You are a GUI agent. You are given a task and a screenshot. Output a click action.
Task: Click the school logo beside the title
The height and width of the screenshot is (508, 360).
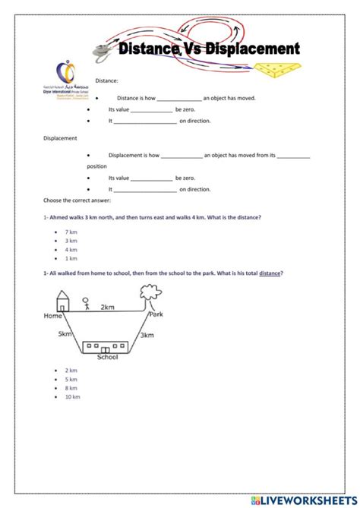click(x=68, y=77)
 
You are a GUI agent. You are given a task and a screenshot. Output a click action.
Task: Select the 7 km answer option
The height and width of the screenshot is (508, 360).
click(x=71, y=231)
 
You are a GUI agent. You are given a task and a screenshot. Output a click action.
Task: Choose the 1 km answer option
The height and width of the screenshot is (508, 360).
click(x=71, y=258)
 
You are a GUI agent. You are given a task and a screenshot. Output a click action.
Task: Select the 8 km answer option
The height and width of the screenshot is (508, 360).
click(x=71, y=387)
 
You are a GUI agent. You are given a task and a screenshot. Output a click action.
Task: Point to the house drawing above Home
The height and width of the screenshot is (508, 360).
click(x=62, y=303)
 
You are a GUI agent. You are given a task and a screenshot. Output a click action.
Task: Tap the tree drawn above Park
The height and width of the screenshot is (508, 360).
click(x=156, y=303)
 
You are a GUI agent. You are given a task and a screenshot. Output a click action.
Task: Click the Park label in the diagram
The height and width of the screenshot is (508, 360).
click(x=156, y=314)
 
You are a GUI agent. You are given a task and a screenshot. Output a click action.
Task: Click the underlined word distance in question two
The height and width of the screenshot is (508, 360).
click(x=269, y=273)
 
